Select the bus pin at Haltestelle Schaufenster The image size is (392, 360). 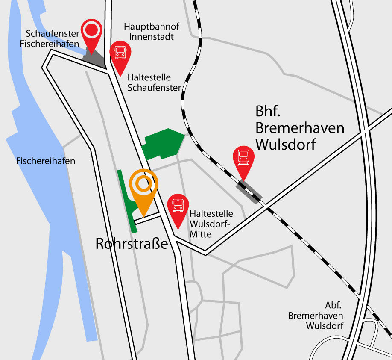click(x=120, y=54)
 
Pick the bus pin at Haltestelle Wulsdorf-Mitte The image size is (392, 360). click(x=178, y=206)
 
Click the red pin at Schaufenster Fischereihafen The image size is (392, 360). click(x=91, y=32)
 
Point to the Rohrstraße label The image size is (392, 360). click(x=132, y=244)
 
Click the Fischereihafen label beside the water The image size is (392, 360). click(x=46, y=161)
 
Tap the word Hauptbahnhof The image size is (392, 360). click(x=149, y=27)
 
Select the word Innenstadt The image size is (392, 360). click(x=149, y=37)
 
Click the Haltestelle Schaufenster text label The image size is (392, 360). click(x=149, y=83)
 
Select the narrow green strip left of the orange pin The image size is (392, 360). click(x=127, y=201)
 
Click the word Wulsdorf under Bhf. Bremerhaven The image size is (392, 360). click(x=286, y=144)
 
